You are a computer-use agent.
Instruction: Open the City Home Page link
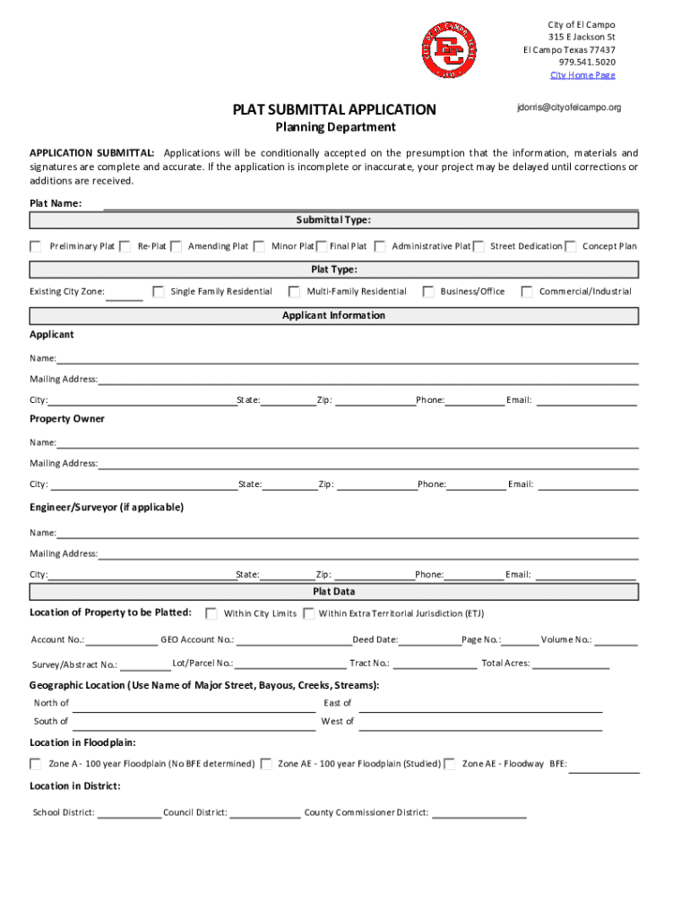pos(582,75)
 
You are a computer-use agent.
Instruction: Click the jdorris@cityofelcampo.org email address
pos(568,107)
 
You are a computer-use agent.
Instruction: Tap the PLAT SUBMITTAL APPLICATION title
pos(334,110)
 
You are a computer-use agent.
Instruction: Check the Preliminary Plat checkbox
pos(36,246)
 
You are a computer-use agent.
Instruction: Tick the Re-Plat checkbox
pos(125,246)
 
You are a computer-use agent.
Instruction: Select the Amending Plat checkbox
pos(177,246)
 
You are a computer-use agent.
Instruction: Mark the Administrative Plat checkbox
pos(380,246)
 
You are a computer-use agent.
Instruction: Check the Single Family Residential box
pos(159,291)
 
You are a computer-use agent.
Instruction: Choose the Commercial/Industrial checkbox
pos(527,291)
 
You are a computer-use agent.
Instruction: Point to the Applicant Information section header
pos(333,316)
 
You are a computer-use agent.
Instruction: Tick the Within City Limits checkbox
pos(211,613)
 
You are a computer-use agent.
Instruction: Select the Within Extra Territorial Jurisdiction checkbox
pos(308,613)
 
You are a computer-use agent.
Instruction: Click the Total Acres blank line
pos(571,665)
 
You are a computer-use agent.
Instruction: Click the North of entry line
pos(194,706)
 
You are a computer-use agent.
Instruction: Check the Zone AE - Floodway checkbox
pos(450,764)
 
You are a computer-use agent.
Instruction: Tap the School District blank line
pos(129,815)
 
